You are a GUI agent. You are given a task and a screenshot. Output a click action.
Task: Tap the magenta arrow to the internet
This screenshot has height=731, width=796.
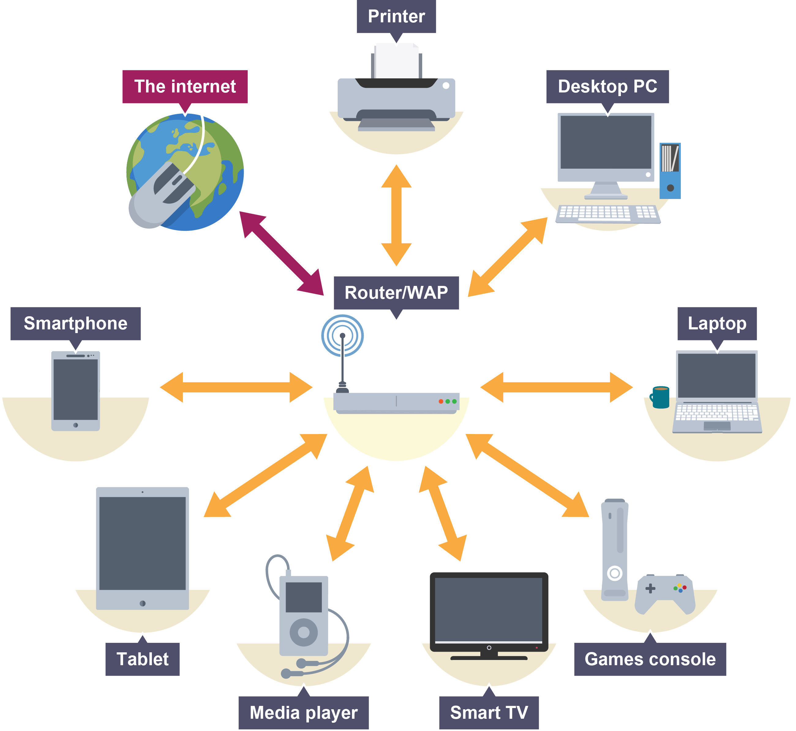pyautogui.click(x=281, y=253)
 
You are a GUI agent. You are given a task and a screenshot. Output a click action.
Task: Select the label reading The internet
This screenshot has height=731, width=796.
pyautogui.click(x=185, y=87)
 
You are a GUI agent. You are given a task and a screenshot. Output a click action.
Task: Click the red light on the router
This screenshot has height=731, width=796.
pyautogui.click(x=441, y=402)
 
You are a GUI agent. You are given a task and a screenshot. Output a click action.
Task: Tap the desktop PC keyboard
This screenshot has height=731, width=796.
pyautogui.click(x=607, y=214)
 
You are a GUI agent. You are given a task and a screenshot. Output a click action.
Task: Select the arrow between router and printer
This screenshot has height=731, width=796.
pyautogui.click(x=396, y=216)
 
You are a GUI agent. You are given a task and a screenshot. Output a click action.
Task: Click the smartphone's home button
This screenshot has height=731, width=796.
pyautogui.click(x=76, y=425)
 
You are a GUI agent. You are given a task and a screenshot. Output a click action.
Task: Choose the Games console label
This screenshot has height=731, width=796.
pyautogui.click(x=650, y=659)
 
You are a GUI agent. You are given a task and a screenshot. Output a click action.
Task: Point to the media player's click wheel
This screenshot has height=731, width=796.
pyautogui.click(x=303, y=632)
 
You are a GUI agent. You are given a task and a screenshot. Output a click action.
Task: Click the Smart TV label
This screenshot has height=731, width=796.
pyautogui.click(x=489, y=713)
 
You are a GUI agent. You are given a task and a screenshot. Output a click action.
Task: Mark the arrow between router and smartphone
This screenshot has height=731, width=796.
pyautogui.click(x=236, y=387)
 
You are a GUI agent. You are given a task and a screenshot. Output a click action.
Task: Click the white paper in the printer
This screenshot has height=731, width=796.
pyautogui.click(x=396, y=61)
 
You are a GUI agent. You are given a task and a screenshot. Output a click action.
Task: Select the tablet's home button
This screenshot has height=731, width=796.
pyautogui.click(x=142, y=604)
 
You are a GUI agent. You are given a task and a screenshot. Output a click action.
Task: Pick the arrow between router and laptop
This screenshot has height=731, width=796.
pyautogui.click(x=556, y=387)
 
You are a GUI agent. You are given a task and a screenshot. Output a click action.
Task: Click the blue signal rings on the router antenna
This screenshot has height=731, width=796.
pyautogui.click(x=342, y=336)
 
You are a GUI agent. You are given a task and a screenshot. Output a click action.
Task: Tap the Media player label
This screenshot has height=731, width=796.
pyautogui.click(x=303, y=713)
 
